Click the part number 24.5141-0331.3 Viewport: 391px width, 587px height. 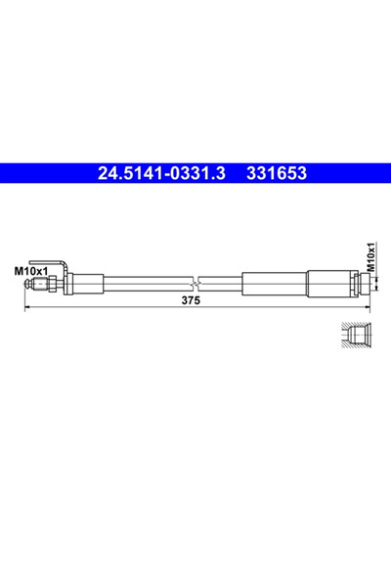coord(161,174)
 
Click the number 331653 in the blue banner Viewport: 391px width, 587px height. coord(278,174)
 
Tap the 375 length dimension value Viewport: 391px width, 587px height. coord(191,302)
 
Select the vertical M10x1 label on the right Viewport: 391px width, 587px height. coord(370,257)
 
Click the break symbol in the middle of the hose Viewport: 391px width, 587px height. coord(198,285)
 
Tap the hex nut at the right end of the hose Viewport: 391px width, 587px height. coord(358,285)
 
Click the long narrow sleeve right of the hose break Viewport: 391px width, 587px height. coord(275,285)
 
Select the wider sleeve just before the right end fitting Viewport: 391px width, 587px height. coord(329,285)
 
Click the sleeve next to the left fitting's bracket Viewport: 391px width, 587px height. coord(86,285)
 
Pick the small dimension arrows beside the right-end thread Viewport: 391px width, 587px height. coord(371,284)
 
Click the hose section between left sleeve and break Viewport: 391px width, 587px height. coord(147,285)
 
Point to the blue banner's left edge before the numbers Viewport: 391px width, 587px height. coord(39,174)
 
